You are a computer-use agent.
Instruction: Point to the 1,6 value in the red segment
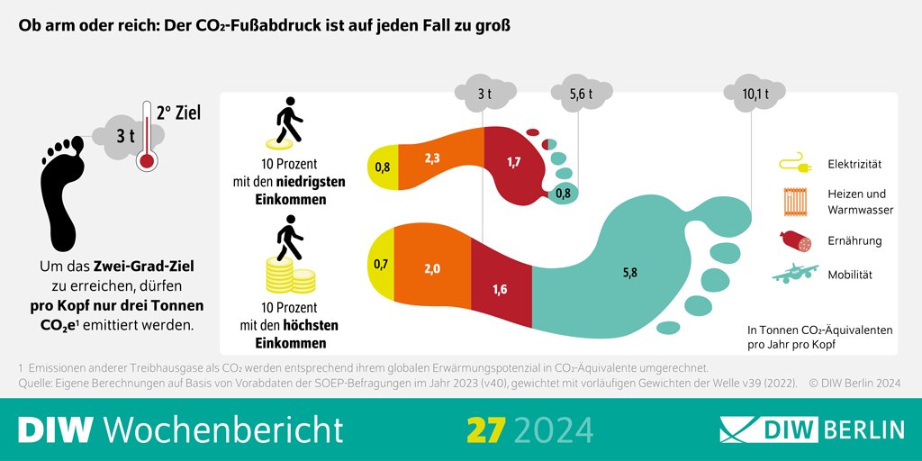(x=500, y=288)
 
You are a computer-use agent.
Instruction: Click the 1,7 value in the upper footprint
(x=513, y=162)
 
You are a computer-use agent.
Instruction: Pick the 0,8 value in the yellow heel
(x=382, y=167)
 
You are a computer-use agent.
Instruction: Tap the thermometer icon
(x=146, y=136)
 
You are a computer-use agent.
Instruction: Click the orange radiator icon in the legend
(x=793, y=201)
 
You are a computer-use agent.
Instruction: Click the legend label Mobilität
(x=850, y=275)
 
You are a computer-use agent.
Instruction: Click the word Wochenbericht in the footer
(x=223, y=429)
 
